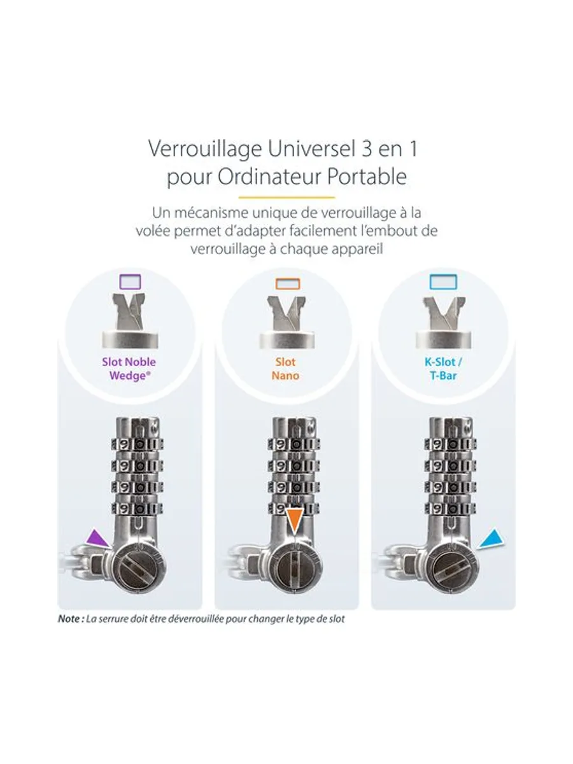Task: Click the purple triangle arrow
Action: pos(97,539)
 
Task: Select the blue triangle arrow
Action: pos(492,539)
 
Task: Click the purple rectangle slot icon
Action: pos(130,281)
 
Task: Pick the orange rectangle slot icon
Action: pos(287,284)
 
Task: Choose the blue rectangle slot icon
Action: pos(443,281)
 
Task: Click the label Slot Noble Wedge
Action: pos(129,369)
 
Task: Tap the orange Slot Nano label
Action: pos(285,369)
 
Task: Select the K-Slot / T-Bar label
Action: pos(443,369)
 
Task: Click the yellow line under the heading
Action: pos(286,197)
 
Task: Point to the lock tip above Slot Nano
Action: pos(287,322)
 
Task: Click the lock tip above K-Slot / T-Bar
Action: pos(444,322)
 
